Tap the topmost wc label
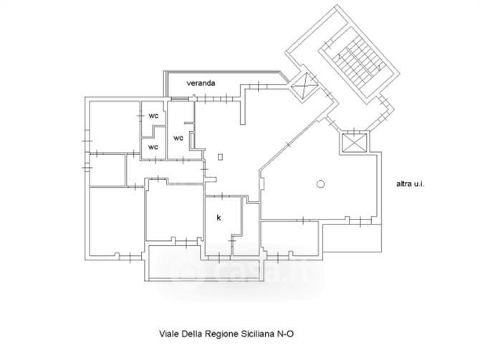click(x=153, y=115)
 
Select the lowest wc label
click(x=153, y=146)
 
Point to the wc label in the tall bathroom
click(x=179, y=137)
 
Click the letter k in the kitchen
click(x=219, y=217)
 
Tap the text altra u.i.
click(x=411, y=184)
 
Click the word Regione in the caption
click(x=226, y=333)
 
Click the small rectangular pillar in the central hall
click(x=221, y=156)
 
